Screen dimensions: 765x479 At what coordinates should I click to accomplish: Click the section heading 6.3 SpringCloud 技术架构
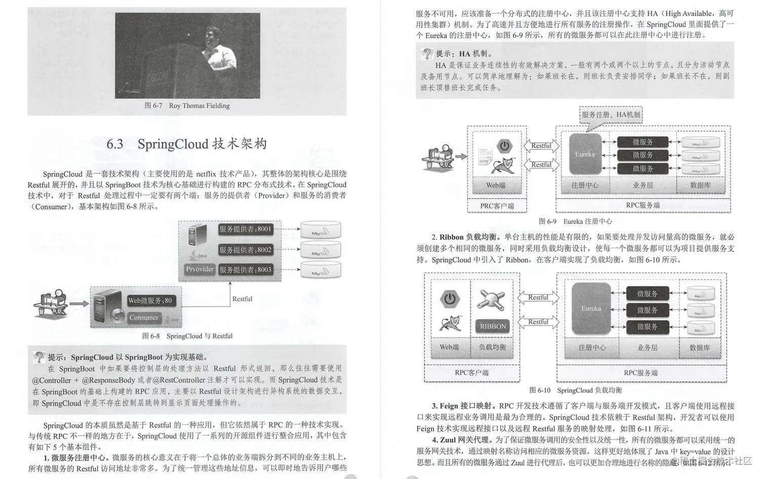coord(187,144)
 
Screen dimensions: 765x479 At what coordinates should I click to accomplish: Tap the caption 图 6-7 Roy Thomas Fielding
coord(187,106)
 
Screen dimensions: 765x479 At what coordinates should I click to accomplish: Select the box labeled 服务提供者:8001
coord(245,229)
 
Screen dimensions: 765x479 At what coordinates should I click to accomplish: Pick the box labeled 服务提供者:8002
coord(245,250)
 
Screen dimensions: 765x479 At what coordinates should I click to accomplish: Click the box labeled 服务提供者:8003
coord(245,269)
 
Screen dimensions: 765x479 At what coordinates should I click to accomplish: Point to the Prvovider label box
coord(199,269)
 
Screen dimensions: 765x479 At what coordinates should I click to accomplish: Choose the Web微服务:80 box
coord(150,301)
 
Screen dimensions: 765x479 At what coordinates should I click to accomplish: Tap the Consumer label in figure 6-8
coord(144,317)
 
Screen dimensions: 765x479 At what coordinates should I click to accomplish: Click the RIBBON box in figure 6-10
coord(493,327)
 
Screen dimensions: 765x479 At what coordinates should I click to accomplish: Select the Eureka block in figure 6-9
coord(585,154)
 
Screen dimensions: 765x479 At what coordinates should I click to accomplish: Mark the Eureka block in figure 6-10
coord(591,308)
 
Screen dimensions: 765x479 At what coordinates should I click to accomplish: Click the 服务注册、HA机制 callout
coord(611,115)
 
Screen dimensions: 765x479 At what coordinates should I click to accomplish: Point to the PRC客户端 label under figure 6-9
coord(497,206)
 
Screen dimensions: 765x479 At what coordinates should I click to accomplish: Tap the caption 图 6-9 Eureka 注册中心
coord(575,221)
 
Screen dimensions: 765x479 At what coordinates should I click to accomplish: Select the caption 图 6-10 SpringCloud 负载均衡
coord(575,390)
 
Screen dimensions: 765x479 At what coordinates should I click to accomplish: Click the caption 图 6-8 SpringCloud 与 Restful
coord(187,336)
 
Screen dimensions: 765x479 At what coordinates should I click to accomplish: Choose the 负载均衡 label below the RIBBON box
coord(492,347)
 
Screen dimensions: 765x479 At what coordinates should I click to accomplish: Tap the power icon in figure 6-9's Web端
coord(504,146)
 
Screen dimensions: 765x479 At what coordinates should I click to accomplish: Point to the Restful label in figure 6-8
coord(242,299)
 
